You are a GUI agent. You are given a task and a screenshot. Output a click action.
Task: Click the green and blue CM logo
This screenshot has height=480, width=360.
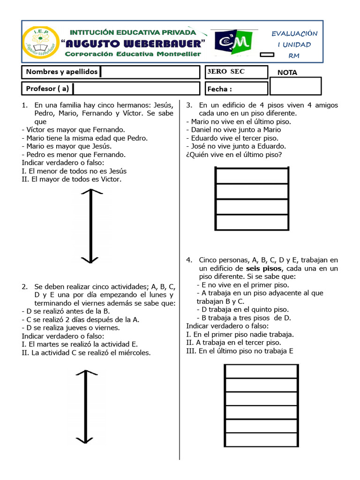click(233, 43)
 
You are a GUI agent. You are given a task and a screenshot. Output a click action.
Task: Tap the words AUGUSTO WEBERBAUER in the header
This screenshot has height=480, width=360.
click(134, 44)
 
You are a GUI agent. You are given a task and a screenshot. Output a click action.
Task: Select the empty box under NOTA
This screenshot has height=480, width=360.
click(296, 86)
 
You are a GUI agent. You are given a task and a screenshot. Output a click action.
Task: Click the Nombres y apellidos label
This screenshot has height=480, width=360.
click(62, 72)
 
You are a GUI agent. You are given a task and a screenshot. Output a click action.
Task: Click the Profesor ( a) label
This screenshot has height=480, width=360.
click(47, 88)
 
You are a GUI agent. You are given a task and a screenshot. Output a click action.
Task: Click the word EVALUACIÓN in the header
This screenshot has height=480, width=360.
click(294, 33)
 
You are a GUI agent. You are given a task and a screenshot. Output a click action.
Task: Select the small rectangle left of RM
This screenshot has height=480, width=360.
click(267, 55)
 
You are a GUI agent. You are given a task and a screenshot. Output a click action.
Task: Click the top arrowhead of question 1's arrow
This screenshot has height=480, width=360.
click(90, 192)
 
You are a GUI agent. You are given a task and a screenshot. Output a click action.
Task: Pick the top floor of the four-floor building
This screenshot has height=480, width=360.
click(251, 176)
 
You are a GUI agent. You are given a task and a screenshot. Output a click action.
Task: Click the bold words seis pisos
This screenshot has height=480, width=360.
click(264, 269)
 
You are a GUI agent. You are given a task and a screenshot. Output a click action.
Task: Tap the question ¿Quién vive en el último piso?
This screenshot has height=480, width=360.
click(234, 155)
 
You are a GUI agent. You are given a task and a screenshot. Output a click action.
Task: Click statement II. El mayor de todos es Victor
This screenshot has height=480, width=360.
click(71, 180)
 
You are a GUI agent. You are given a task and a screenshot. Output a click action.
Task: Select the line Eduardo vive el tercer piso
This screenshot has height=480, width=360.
click(232, 138)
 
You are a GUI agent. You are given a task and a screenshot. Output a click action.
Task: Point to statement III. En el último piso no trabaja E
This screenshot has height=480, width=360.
click(240, 351)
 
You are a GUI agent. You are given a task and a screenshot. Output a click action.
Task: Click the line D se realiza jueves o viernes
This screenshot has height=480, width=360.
click(71, 328)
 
